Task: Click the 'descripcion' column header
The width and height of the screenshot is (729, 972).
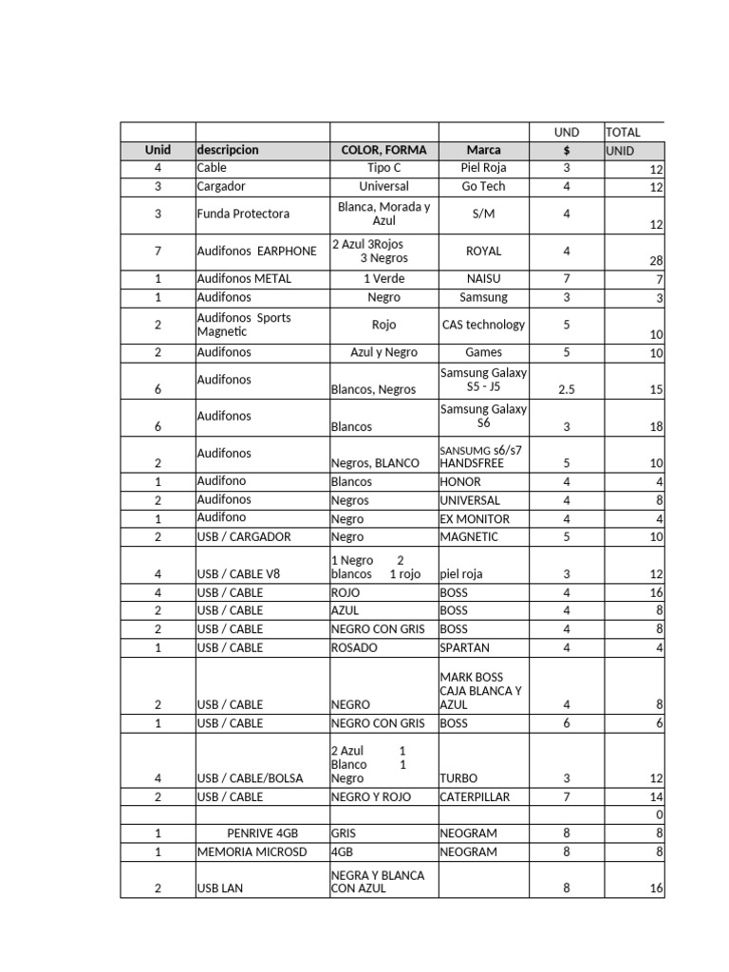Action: point(228,150)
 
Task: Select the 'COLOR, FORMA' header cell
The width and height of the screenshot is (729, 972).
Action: point(383,150)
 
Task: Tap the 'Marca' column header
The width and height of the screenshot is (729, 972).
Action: point(483,150)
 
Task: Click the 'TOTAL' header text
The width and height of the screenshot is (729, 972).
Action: point(623,132)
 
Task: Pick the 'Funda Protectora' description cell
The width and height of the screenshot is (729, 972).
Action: point(243,214)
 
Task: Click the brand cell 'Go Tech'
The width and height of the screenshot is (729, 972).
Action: point(483,186)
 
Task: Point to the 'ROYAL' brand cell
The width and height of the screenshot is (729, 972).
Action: point(483,252)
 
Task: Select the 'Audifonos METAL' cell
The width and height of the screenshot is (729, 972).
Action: point(244,279)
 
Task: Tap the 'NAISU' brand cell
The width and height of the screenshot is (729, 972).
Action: point(483,279)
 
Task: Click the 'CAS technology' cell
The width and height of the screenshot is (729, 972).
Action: point(483,325)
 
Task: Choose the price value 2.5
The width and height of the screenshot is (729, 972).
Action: point(567,389)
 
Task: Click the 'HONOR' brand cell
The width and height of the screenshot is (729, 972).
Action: point(460,481)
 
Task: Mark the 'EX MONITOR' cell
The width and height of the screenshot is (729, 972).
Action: point(475,519)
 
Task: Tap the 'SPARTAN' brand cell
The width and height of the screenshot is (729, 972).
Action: point(465,648)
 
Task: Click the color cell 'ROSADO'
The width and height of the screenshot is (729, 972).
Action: point(354,648)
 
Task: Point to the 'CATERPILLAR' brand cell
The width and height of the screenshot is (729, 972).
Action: point(475,797)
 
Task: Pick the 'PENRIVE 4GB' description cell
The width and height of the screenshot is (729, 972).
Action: point(262,833)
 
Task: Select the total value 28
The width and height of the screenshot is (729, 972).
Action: point(656,261)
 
